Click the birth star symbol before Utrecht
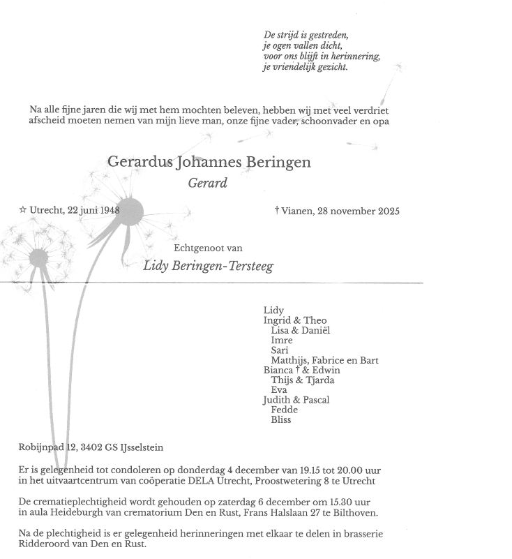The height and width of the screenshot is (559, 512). click(23, 209)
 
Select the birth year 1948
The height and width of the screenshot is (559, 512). click(108, 210)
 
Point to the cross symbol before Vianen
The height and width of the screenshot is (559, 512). click(278, 210)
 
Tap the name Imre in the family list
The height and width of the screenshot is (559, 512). click(281, 340)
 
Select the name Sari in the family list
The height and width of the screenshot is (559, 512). click(279, 350)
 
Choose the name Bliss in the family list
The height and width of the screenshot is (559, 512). click(280, 420)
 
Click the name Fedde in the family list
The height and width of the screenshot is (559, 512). click(283, 410)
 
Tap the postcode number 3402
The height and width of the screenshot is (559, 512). click(91, 447)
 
